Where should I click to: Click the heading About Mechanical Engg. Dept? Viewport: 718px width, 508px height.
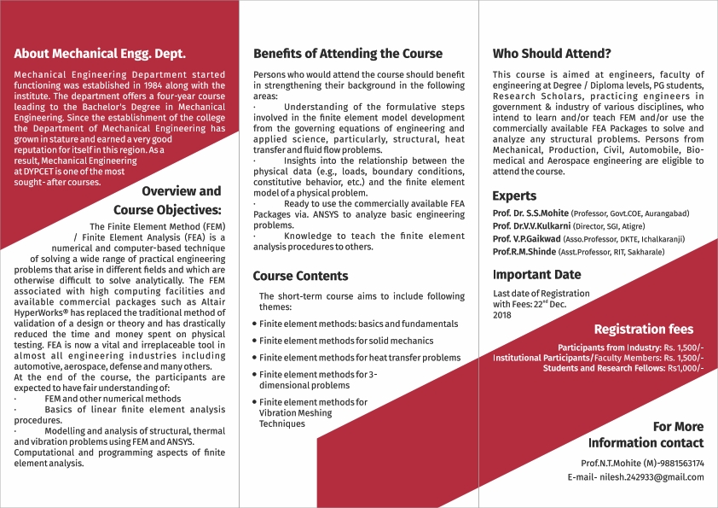click(x=100, y=53)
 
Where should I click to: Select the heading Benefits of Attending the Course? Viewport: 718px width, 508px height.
click(x=348, y=53)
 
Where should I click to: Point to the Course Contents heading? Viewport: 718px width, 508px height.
click(x=301, y=276)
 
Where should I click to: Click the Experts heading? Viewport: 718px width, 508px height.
click(x=514, y=196)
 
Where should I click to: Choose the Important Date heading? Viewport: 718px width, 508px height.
click(x=537, y=275)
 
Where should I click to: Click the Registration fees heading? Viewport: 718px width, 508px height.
click(x=643, y=329)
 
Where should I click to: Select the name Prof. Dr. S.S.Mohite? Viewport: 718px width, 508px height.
click(x=530, y=213)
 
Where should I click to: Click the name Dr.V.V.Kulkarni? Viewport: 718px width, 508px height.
click(x=544, y=225)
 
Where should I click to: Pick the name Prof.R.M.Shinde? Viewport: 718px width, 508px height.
click(x=524, y=252)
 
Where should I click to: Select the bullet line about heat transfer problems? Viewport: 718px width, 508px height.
click(x=360, y=358)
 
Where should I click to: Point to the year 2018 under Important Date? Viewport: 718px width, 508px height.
click(x=502, y=315)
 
